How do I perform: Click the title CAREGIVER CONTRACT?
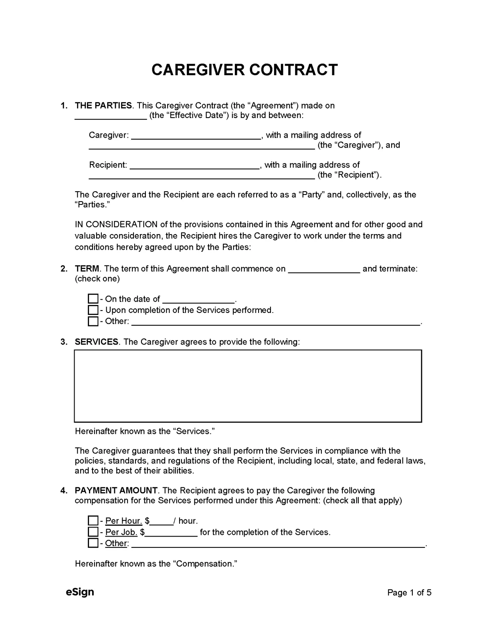click(x=244, y=70)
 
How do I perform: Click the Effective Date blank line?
click(x=111, y=116)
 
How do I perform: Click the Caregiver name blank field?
click(x=196, y=136)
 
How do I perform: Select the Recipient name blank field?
click(x=195, y=165)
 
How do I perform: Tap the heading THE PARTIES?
click(x=103, y=106)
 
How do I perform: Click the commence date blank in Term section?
click(x=324, y=269)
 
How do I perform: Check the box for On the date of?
click(x=93, y=299)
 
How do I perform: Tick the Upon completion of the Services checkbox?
click(x=93, y=310)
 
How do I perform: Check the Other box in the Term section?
click(x=93, y=321)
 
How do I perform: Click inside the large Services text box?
click(x=248, y=386)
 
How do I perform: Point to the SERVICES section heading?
click(x=97, y=342)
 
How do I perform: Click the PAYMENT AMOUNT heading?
click(x=116, y=491)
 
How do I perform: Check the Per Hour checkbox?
click(x=93, y=521)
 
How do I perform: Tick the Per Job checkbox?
click(x=93, y=532)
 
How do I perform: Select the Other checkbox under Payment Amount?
click(x=93, y=543)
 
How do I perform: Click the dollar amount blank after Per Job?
click(x=171, y=533)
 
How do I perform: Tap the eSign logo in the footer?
click(x=80, y=592)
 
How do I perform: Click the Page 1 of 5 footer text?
click(x=409, y=593)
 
